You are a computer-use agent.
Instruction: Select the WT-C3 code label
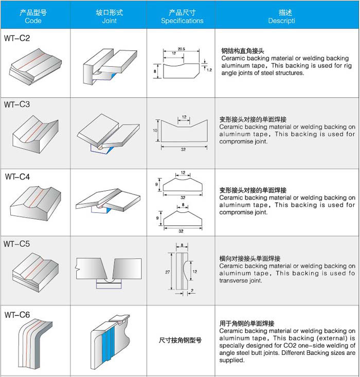[x=17, y=104]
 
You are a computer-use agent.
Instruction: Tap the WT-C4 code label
[x=18, y=177]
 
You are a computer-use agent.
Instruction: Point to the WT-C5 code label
[x=17, y=244]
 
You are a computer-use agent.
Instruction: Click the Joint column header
[x=109, y=21]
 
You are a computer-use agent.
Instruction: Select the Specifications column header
[x=182, y=21]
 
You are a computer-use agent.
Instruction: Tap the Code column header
[x=33, y=21]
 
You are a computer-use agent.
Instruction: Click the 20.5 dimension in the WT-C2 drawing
[x=182, y=48]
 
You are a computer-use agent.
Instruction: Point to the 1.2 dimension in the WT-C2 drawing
[x=209, y=69]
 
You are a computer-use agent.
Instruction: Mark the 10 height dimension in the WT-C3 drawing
[x=155, y=131]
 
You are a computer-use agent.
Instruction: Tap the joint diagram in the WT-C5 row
[x=109, y=270]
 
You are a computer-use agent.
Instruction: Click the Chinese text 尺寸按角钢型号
[x=181, y=340]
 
